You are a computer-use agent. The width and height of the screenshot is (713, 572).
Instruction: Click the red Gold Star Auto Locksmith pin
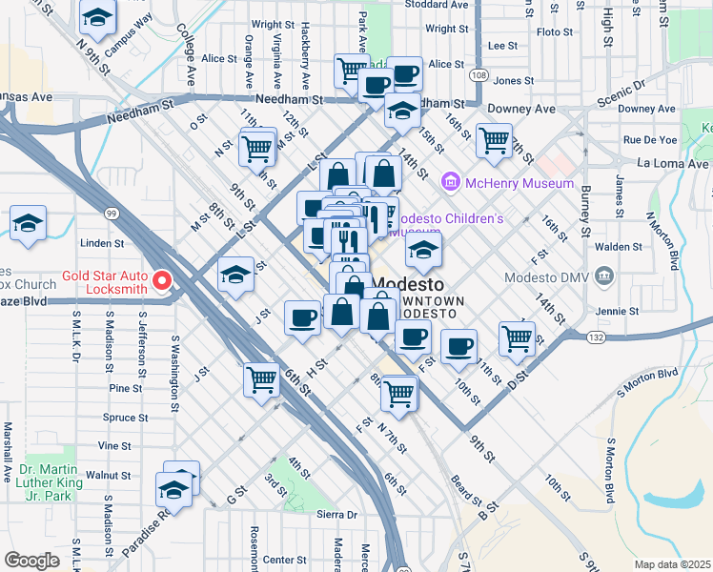161,280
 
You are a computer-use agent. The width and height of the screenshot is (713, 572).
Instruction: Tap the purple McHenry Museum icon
450,181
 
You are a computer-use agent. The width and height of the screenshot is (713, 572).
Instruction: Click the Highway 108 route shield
479,75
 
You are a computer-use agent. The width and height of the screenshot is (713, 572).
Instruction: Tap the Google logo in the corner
31,561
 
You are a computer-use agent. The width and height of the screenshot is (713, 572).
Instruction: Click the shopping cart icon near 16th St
494,140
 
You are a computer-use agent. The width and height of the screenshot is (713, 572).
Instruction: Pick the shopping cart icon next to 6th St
261,379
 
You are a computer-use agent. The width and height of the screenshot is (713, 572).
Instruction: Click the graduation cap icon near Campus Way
95,19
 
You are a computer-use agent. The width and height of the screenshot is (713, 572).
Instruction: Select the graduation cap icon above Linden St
29,224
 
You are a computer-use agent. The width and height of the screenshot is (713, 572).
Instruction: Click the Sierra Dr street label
336,515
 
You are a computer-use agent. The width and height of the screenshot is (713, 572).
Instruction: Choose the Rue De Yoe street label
649,139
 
